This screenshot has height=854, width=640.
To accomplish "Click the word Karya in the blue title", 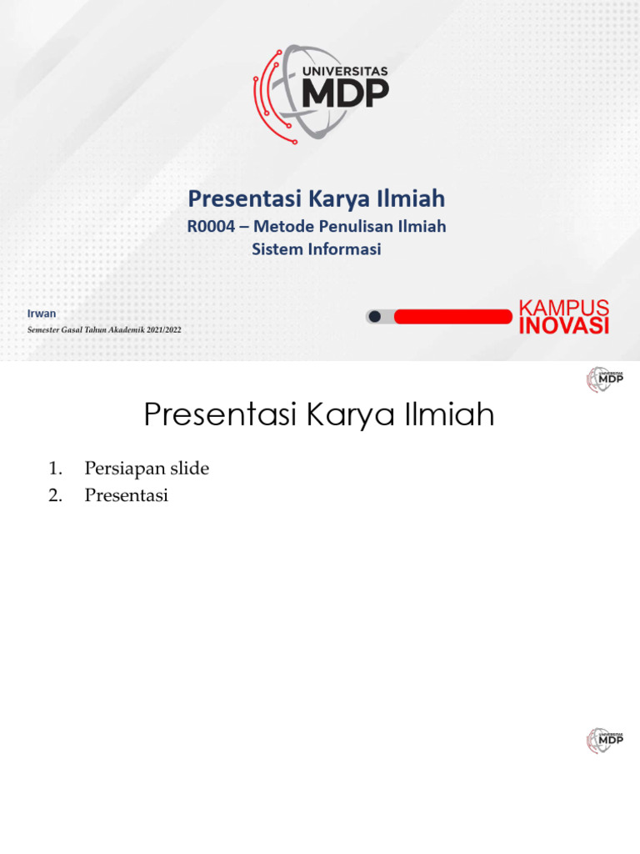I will pos(337,198).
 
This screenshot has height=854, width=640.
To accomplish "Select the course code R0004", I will pos(211,226).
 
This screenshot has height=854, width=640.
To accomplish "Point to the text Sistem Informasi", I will pos(317,249).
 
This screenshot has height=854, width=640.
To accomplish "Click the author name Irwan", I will pos(42,314).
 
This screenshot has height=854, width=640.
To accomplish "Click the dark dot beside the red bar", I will pos(375,316).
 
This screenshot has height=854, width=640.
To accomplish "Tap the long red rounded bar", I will pos(452,316).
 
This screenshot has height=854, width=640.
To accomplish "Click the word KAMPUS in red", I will pos(564,308).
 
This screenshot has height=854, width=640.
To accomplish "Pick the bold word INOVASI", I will pos(564,326).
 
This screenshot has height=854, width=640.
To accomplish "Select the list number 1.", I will pos(55,469).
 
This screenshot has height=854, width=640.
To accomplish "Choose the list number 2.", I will pos(55,495).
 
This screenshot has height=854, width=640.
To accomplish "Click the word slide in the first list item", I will pos(189,469).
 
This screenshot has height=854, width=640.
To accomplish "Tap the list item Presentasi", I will pos(126,495).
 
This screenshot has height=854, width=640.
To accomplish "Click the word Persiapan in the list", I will pos(124,469).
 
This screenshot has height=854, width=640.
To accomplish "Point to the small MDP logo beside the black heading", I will pos(604,379).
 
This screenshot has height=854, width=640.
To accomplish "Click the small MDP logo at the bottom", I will pos(604,740).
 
